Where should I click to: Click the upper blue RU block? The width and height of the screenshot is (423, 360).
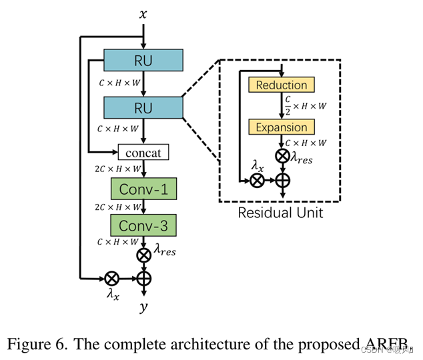click(x=143, y=61)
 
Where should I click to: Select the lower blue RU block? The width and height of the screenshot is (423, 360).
click(x=143, y=107)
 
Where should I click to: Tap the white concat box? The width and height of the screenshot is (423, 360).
click(x=143, y=153)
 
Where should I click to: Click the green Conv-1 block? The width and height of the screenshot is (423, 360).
click(x=143, y=189)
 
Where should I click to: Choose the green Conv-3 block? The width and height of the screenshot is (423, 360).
click(x=143, y=225)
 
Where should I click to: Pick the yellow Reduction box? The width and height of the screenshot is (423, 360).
click(x=282, y=85)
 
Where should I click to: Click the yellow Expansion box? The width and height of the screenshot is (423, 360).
click(x=282, y=127)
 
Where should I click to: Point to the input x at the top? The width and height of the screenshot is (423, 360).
click(x=143, y=14)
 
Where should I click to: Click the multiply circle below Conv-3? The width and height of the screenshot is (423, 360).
click(x=143, y=255)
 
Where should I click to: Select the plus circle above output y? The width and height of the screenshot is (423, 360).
click(x=143, y=278)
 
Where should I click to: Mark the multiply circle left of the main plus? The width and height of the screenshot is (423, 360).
click(x=111, y=278)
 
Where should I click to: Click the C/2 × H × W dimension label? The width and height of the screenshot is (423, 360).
click(x=306, y=106)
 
